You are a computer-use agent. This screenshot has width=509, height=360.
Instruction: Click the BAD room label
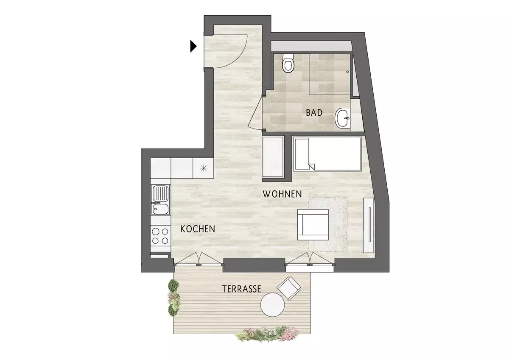314,113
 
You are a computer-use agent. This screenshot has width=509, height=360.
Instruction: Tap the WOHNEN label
282,194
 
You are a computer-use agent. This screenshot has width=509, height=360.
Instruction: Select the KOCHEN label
198,229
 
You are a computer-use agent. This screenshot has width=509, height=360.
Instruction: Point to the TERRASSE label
242,289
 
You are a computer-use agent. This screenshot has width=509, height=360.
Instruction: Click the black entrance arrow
193,46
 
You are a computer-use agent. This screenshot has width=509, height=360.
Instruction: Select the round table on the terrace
272,304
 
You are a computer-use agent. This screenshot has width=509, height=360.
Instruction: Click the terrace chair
289,288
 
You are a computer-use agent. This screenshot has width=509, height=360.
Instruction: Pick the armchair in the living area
313,225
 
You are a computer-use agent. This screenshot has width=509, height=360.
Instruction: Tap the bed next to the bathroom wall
327,154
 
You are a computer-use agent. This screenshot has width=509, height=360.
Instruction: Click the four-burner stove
160,236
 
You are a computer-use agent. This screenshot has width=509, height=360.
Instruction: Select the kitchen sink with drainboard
160,200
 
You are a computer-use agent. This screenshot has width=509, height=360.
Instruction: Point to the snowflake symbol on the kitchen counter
204,168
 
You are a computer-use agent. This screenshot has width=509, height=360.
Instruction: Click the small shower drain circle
347,72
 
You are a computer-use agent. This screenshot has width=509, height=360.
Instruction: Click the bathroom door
256,113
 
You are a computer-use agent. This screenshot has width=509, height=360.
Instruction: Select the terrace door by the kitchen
198,259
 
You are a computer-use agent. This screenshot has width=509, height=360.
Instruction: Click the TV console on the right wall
368,225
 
